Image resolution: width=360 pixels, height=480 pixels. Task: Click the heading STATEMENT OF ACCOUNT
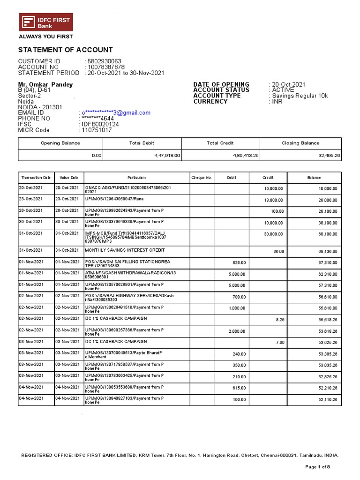point(65,50)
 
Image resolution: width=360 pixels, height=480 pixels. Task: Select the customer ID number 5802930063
point(104,61)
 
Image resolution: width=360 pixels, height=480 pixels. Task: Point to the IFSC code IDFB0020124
point(100,124)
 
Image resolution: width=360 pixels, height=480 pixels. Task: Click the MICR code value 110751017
point(97,130)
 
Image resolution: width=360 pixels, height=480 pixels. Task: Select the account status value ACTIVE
point(283,90)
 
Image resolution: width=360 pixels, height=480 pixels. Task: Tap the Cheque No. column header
point(202,178)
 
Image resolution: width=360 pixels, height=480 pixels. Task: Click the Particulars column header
point(137,178)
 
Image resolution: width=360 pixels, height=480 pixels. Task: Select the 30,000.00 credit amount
point(273,233)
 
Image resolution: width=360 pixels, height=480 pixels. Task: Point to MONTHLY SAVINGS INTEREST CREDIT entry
point(125,250)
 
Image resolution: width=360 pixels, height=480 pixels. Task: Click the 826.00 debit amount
point(240,262)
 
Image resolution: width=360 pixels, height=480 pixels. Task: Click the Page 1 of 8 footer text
point(318,467)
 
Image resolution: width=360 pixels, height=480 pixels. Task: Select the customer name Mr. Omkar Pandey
point(45,84)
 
